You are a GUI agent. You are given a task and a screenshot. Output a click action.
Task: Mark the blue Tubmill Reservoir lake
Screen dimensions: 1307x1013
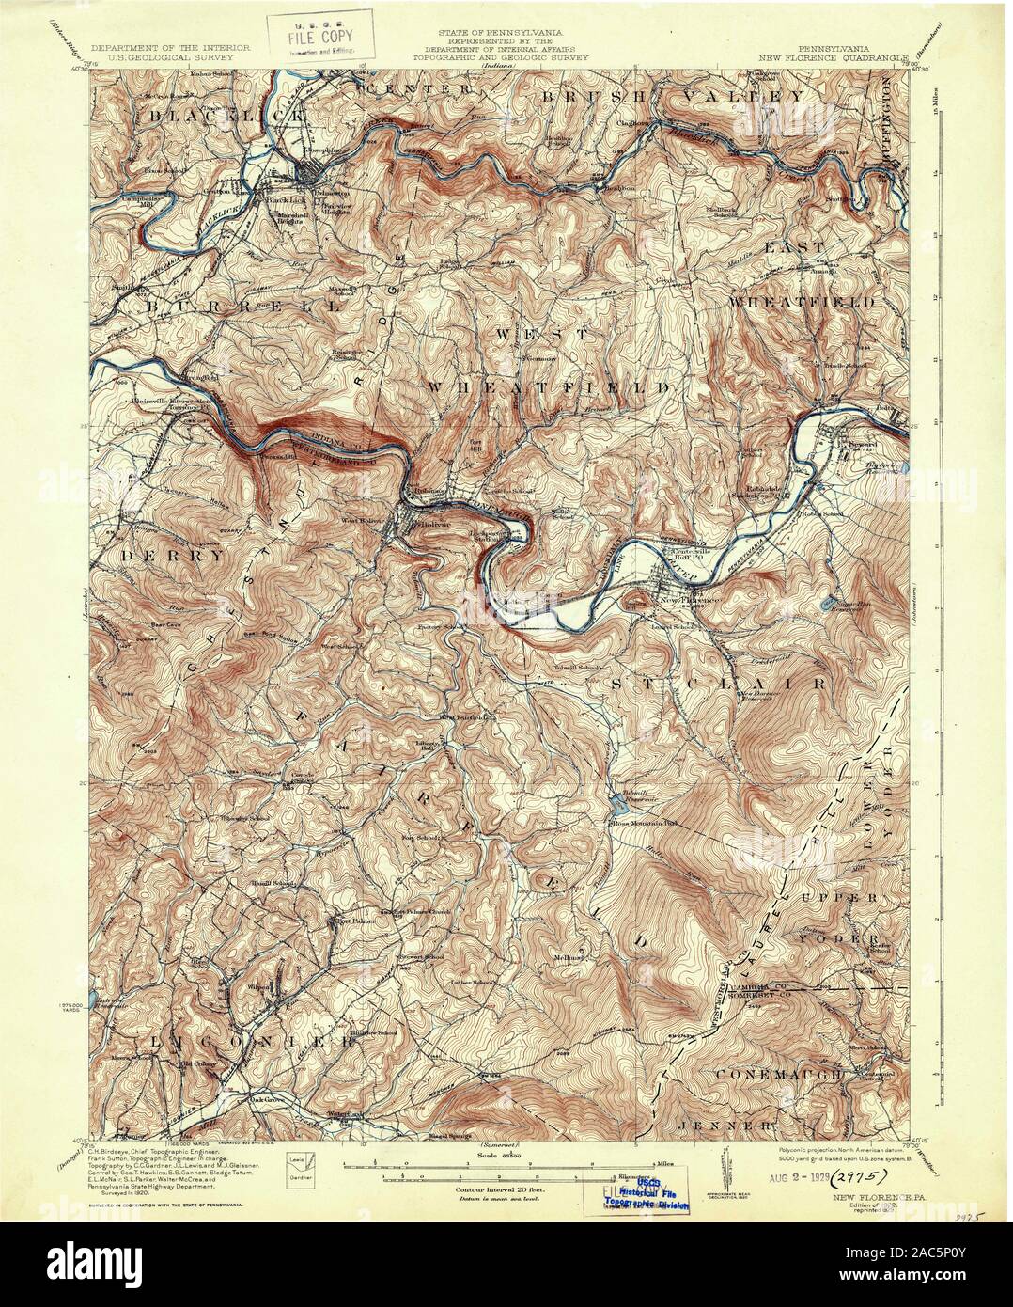pyautogui.click(x=616, y=800)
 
